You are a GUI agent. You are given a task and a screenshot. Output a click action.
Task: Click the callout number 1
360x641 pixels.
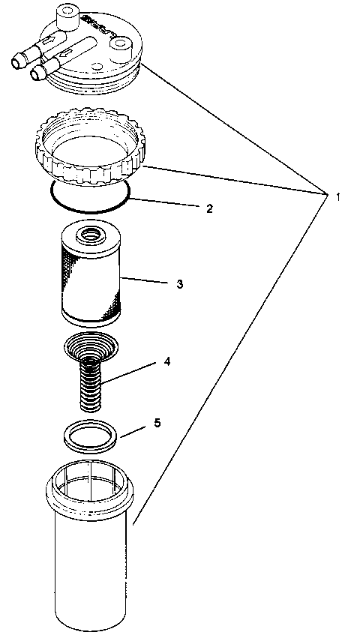(x=339, y=196)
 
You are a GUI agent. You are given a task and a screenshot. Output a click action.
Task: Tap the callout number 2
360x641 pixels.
(x=209, y=208)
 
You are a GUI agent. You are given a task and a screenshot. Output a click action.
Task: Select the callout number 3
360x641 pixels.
(x=179, y=284)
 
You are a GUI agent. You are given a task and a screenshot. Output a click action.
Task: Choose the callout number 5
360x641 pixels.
(x=157, y=423)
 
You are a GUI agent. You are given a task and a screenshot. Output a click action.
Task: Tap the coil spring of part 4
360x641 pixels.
(x=91, y=382)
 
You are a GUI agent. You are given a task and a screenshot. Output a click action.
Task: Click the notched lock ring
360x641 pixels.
(x=90, y=150)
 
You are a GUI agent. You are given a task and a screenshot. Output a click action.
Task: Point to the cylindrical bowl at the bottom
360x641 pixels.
(x=91, y=570)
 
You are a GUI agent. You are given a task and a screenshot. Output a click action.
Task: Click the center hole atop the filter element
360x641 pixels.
(x=89, y=234)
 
